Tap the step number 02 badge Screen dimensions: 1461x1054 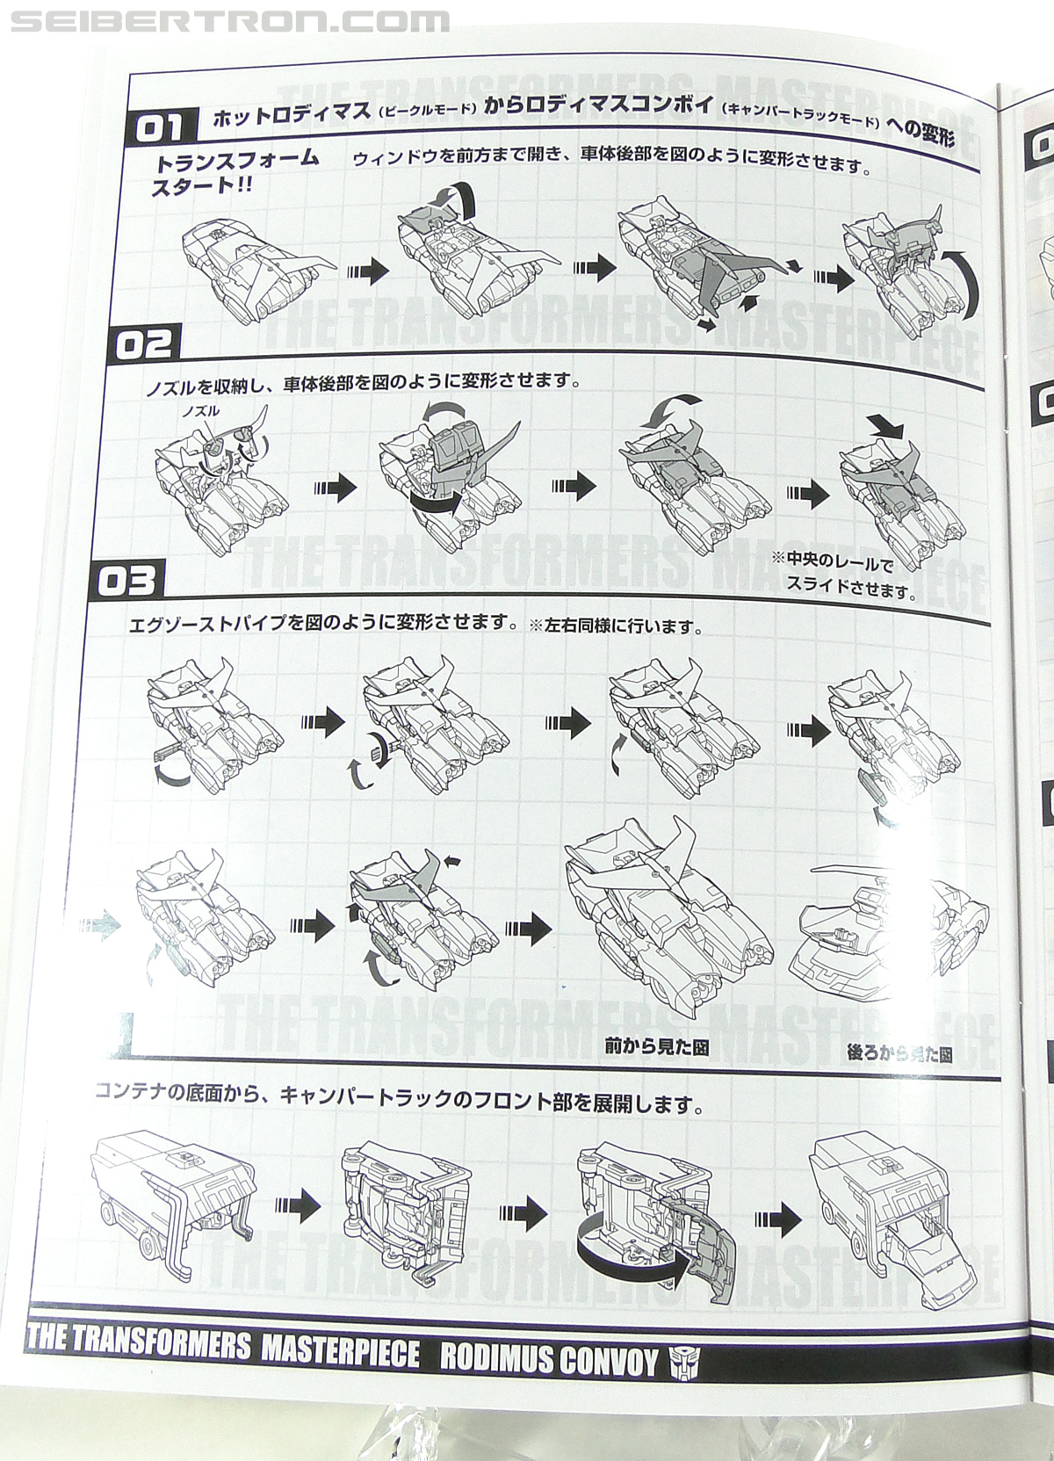coord(144,344)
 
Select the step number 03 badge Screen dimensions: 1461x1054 coord(128,581)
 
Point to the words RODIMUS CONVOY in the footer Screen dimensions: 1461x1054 coord(548,1360)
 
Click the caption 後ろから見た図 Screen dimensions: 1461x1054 coord(899,1053)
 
